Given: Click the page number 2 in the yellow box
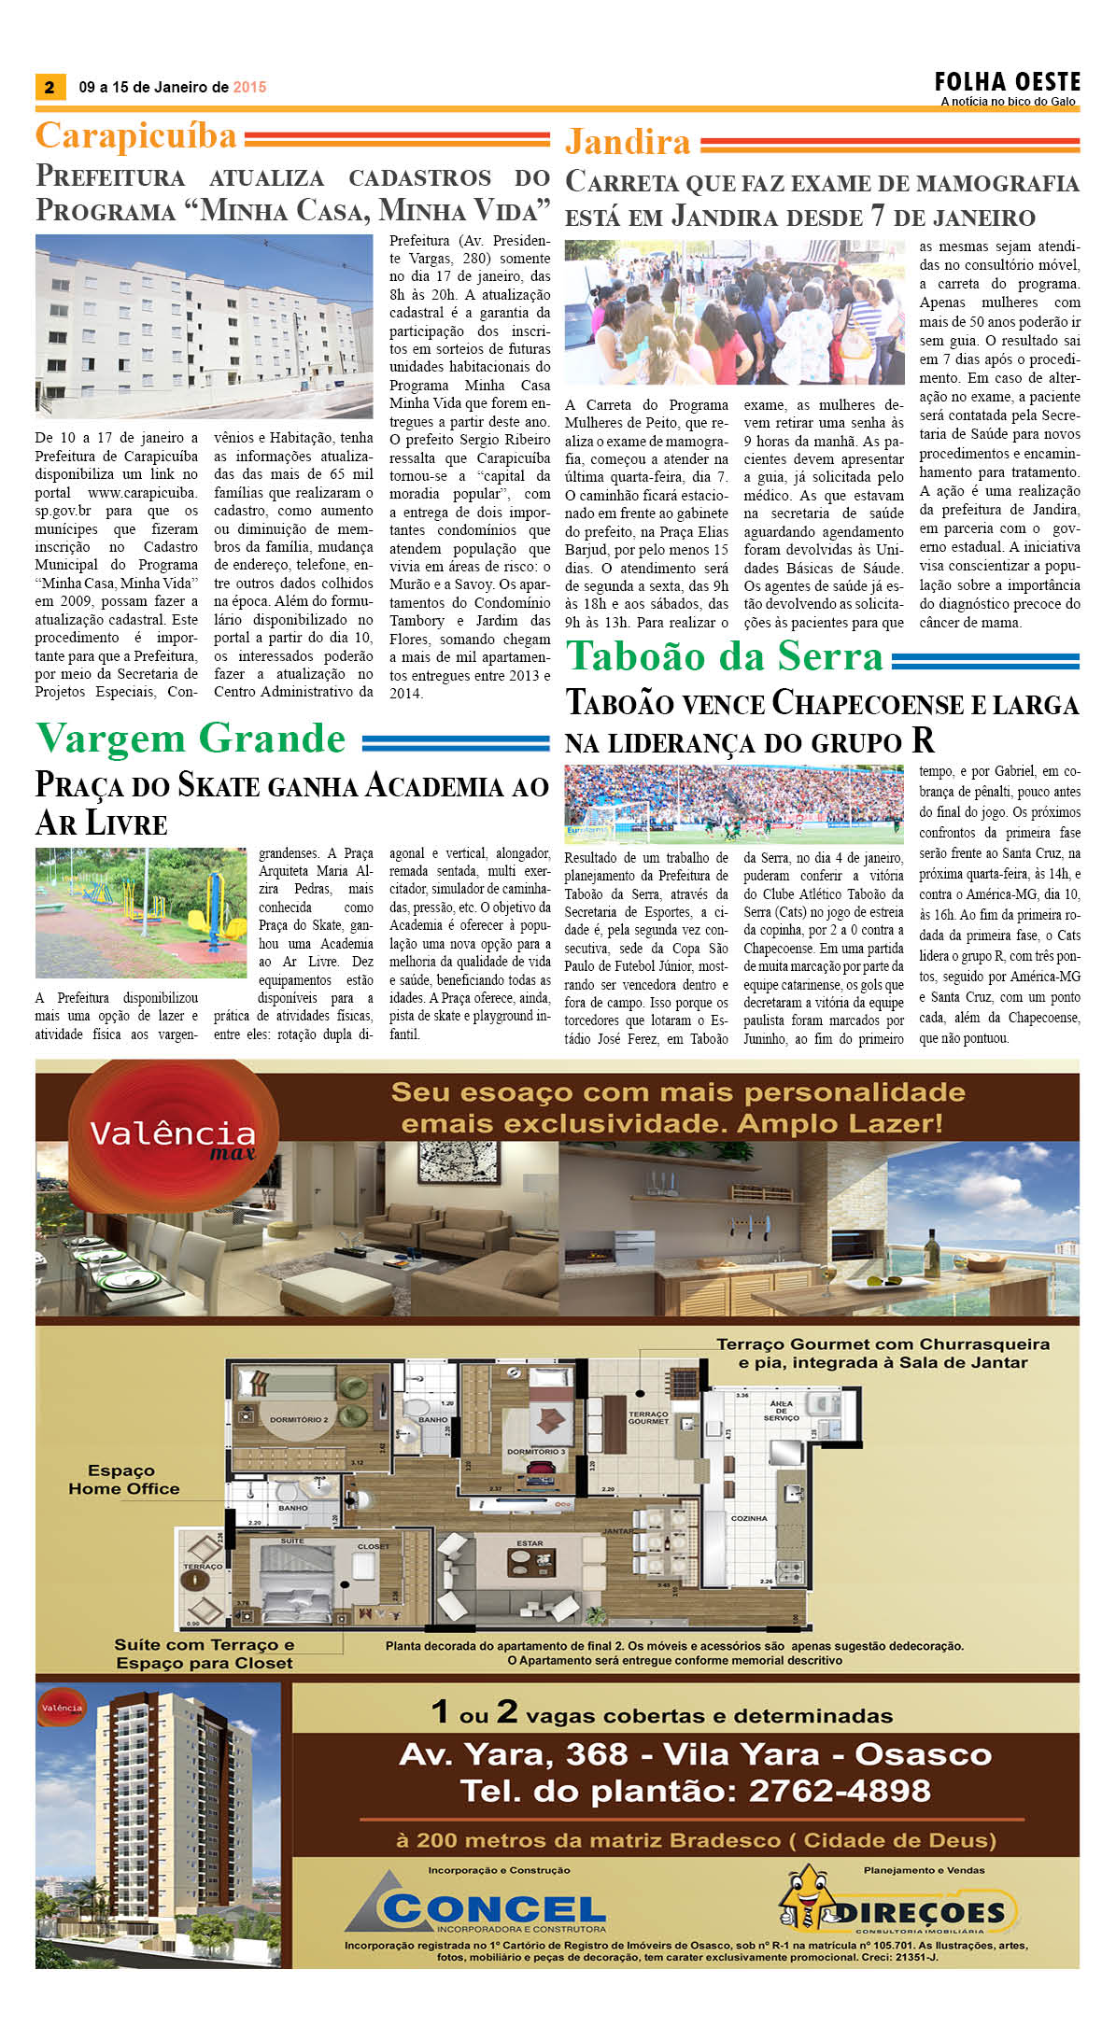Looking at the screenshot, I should (49, 88).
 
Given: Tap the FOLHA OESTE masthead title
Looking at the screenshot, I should (1008, 82).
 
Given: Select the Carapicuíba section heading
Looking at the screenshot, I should (136, 136).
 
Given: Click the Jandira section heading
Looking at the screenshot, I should (628, 143).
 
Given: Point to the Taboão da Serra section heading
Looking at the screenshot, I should (725, 656).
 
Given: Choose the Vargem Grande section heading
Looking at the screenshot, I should (191, 739).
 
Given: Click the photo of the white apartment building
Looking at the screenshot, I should (204, 325).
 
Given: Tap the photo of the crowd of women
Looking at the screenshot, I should (734, 313).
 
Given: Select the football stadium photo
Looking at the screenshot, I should (734, 804).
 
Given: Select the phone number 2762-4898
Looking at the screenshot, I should (840, 1790).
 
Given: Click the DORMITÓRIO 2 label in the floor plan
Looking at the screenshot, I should (299, 1419).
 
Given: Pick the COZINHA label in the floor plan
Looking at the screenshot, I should (749, 1518).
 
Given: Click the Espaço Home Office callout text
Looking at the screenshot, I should (123, 1480).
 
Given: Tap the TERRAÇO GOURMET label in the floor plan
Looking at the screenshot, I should (648, 1417).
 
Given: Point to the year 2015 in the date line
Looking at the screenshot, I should (249, 88).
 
